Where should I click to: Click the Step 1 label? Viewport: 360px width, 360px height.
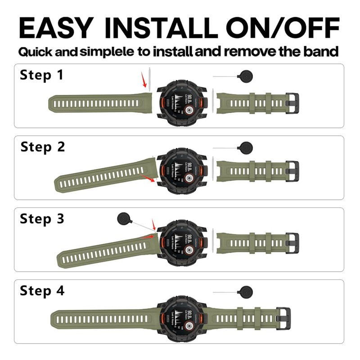coord(41,75)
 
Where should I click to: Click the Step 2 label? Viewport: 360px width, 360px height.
coord(42,147)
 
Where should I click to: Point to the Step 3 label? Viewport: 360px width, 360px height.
coord(42,219)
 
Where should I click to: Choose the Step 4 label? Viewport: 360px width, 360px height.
coord(42,291)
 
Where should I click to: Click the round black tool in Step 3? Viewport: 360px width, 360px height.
coord(122,219)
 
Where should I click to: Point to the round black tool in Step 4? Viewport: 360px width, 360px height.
coord(247,292)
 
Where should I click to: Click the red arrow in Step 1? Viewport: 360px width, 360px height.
coord(144,82)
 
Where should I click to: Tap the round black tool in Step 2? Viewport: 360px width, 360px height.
coord(247,147)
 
